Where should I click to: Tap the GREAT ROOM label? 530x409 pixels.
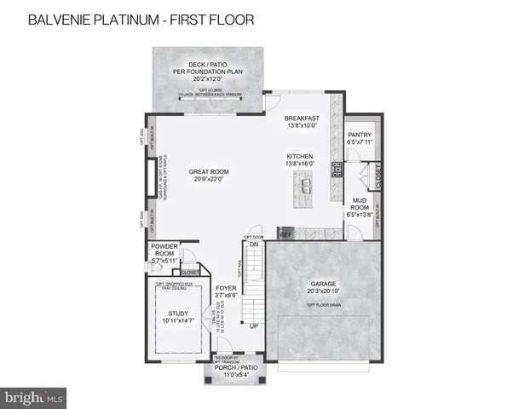coord(209,171)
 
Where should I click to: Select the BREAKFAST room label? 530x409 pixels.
coord(302,118)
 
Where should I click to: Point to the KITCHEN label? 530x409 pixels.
coord(301,158)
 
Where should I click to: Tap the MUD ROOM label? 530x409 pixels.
coord(360,202)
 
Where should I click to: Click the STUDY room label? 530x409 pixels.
coord(178,314)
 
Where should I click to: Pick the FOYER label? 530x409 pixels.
coord(225,289)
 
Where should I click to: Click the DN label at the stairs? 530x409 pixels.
coord(254,244)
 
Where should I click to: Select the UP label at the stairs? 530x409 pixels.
coord(253,325)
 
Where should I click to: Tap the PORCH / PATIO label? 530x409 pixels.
coord(235,367)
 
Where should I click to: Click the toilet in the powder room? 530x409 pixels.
coord(153,268)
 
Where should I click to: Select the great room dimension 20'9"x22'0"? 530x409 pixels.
coord(209,179)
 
